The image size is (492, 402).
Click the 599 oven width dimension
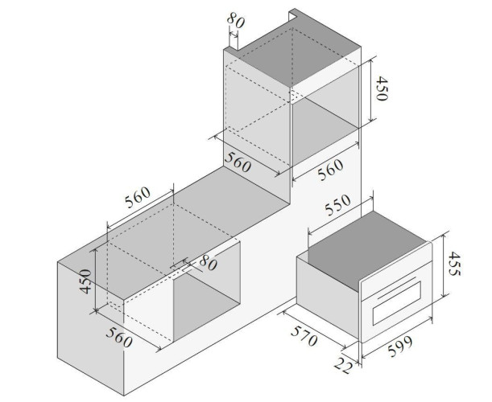pyautogui.click(x=399, y=347)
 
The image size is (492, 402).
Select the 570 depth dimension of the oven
pyautogui.click(x=304, y=336)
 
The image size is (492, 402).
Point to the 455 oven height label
pyautogui.click(x=453, y=264)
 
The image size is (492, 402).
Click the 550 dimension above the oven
pyautogui.click(x=337, y=205)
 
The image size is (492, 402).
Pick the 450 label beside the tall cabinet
pyautogui.click(x=382, y=88)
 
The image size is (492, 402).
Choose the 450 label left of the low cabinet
pyautogui.click(x=85, y=281)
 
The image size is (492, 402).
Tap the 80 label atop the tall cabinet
pyautogui.click(x=235, y=21)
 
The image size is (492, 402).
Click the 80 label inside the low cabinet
pyautogui.click(x=208, y=263)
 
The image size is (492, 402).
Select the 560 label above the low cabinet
pyautogui.click(x=138, y=198)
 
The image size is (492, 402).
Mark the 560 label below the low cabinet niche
pyautogui.click(x=119, y=337)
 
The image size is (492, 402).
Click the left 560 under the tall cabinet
pyautogui.click(x=238, y=162)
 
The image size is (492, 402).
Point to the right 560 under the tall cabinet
pyautogui.click(x=330, y=170)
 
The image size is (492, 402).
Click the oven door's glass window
pyautogui.click(x=397, y=303)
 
